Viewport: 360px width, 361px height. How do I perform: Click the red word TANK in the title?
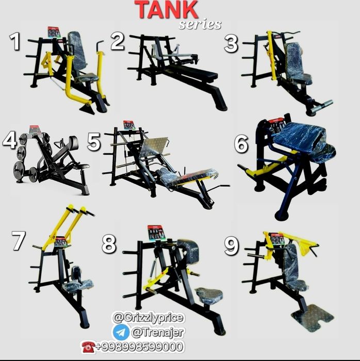(166, 10)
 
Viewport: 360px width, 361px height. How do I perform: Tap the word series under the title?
(200, 24)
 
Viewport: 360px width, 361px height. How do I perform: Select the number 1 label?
(15, 41)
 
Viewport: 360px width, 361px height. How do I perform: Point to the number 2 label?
(118, 41)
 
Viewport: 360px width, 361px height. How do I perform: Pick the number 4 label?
(9, 140)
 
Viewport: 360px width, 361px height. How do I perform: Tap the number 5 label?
(94, 142)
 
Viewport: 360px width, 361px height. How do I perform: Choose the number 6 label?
(241, 144)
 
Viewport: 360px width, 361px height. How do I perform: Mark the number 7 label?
(19, 241)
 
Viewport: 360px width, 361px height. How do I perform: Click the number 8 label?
(109, 244)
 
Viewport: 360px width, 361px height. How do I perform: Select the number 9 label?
(232, 247)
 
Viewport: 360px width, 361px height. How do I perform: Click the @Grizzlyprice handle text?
(148, 318)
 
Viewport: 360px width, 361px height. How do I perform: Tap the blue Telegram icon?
(121, 332)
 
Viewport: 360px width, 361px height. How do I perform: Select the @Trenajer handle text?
(158, 332)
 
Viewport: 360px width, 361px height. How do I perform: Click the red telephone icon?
(88, 347)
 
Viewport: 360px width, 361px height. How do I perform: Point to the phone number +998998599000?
(140, 347)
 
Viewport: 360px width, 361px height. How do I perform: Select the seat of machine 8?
(209, 294)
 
